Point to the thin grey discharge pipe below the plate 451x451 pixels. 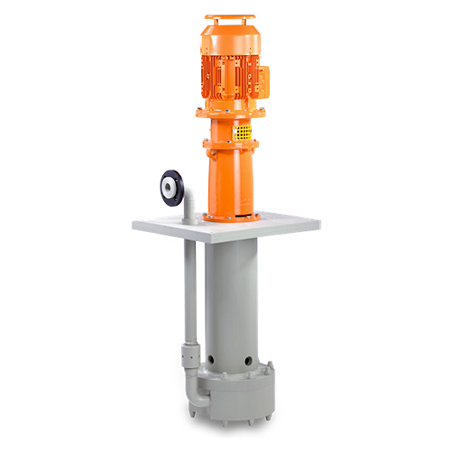[189, 289]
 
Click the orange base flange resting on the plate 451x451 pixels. [232, 216]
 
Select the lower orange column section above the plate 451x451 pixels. [232, 180]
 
